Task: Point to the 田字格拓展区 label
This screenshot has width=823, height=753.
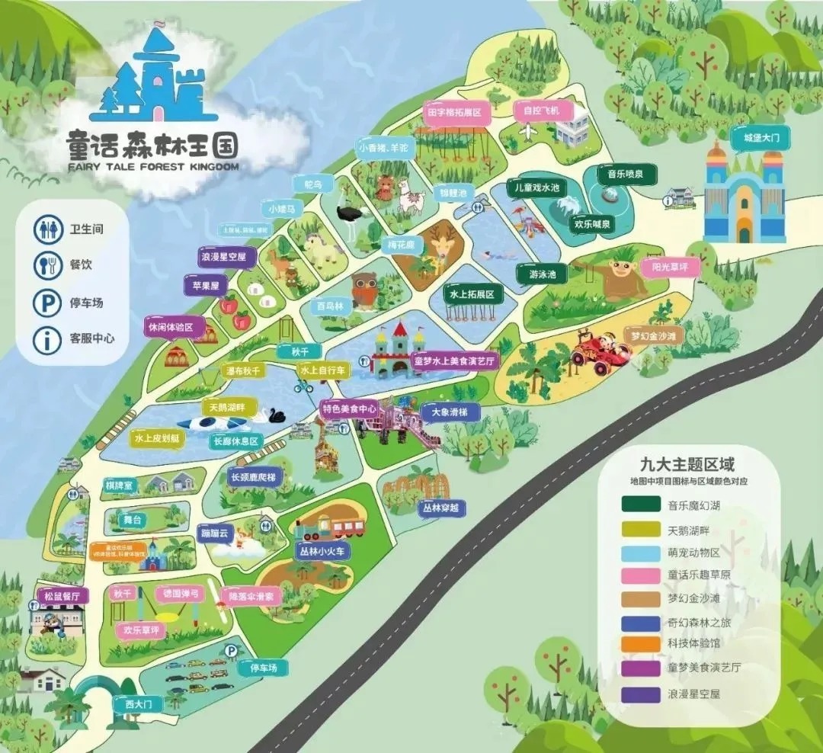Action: pos(455,113)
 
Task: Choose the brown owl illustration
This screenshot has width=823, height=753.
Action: pos(365,290)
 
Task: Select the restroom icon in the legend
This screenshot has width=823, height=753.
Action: pos(47,229)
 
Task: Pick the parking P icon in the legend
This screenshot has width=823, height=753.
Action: pos(47,303)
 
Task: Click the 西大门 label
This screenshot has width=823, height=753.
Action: pos(138,704)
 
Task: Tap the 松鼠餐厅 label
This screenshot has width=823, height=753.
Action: pos(61,595)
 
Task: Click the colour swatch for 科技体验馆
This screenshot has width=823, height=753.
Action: pos(641,644)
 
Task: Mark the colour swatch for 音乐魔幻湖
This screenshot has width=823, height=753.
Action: pos(641,504)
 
